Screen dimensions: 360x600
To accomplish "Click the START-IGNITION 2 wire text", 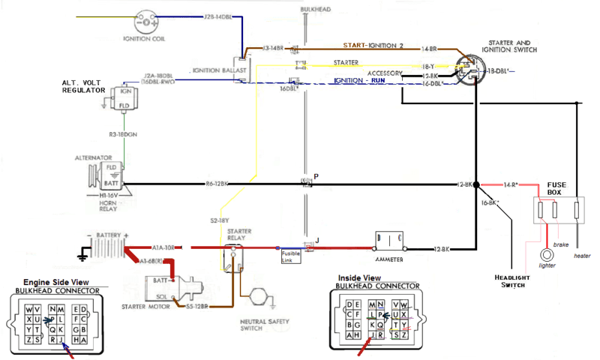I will point(373,46).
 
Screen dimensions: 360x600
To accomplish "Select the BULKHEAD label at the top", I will point(314,8).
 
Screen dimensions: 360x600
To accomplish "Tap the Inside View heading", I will point(360,277).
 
